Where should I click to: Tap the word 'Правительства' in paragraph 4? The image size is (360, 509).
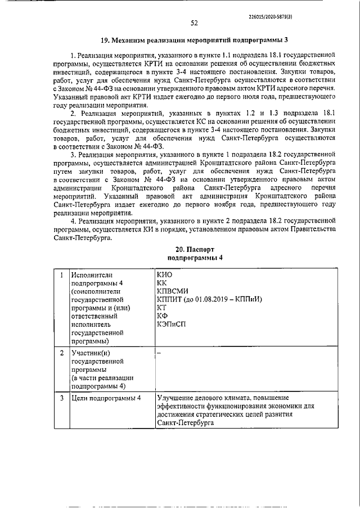point(312,230)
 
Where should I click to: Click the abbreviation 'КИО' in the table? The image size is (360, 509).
point(166,274)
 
